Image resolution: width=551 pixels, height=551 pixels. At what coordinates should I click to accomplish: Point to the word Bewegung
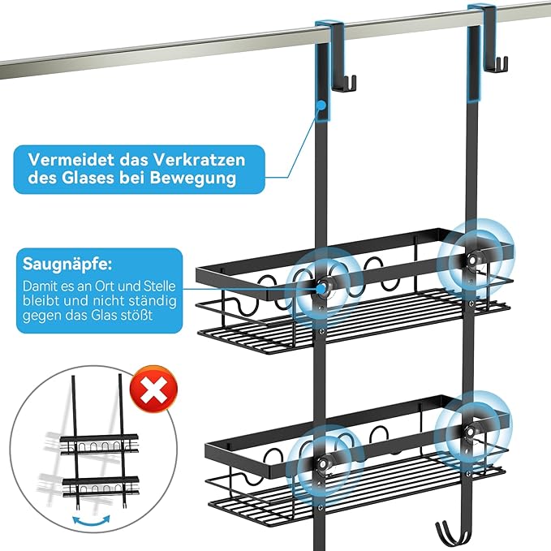[204, 178]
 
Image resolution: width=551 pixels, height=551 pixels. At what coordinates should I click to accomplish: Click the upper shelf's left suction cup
[322, 286]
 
